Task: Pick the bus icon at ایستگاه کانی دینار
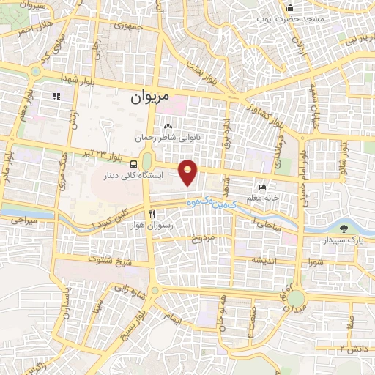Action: pyautogui.click(x=134, y=164)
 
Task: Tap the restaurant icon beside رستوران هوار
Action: pyautogui.click(x=152, y=214)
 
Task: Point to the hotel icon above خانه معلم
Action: pyautogui.click(x=263, y=186)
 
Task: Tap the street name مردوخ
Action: pyautogui.click(x=206, y=239)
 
